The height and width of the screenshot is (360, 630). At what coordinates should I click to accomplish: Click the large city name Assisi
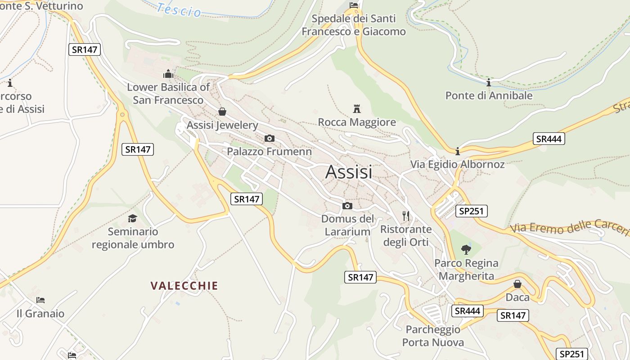coord(349,172)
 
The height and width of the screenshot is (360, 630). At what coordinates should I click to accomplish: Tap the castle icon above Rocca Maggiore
coord(357,108)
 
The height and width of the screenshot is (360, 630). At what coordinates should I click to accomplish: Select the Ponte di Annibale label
coord(489,95)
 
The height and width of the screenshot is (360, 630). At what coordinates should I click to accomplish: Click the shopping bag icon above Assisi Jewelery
coord(222,112)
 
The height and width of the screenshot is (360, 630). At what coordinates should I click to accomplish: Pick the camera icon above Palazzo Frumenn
coord(269,138)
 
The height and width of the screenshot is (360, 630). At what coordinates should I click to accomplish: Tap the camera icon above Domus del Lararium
coord(347,206)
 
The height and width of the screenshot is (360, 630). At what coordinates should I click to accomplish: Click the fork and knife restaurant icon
coord(406,216)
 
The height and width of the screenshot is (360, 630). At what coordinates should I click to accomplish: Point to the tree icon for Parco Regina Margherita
coord(466,249)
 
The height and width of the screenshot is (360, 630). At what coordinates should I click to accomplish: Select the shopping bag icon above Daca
coord(517,284)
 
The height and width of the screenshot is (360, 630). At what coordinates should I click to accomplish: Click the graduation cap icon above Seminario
coord(132,218)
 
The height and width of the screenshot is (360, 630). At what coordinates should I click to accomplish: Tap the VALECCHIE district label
coord(184,286)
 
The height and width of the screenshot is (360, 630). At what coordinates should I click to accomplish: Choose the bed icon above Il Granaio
coord(40,300)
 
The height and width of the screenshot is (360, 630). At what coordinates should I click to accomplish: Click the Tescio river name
coord(180,9)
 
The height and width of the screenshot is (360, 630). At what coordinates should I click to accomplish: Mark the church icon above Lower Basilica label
coord(168,74)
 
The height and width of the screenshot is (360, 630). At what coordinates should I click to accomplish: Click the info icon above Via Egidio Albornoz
coord(458,151)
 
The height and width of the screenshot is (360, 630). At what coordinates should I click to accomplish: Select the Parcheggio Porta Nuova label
coord(433,336)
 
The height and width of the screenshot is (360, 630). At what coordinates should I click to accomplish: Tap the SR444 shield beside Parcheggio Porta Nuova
coord(468,311)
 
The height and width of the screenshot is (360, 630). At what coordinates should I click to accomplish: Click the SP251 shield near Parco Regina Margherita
coord(471,211)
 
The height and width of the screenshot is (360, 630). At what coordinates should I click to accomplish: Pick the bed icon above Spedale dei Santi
coord(354,5)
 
